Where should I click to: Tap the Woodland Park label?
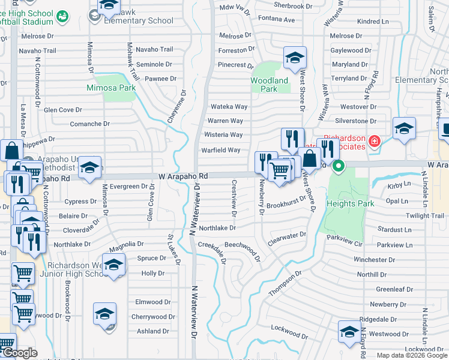tap(269, 85)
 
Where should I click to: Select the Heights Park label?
tap(351, 203)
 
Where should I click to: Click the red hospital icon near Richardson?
tap(375, 142)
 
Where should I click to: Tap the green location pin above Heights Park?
tap(338, 166)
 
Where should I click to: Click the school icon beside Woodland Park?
tap(294, 59)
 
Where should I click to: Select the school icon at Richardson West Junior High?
tap(113, 265)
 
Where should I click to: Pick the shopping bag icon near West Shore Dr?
tap(310, 160)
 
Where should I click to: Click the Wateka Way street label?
tap(228, 107)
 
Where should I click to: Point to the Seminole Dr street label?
tap(154, 64)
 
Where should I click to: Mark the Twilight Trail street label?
tap(425, 215)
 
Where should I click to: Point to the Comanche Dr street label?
tap(90, 124)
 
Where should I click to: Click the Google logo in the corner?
tap(19, 353)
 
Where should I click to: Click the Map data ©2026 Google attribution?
tap(412, 355)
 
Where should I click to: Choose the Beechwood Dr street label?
tap(243, 247)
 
